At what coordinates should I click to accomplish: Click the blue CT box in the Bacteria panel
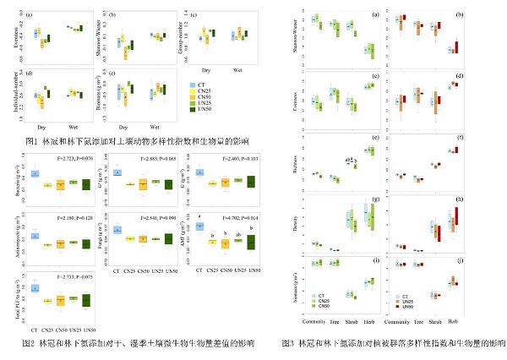click(x=35, y=173)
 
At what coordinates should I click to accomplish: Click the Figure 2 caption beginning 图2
click(x=139, y=345)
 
